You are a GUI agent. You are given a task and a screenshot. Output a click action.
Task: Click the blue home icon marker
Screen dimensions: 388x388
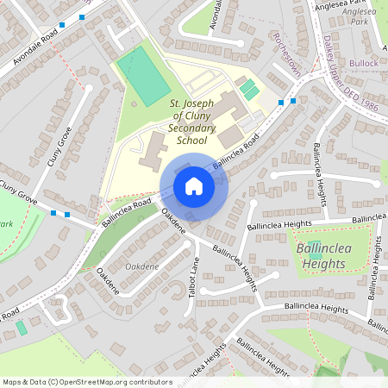coord(194,186)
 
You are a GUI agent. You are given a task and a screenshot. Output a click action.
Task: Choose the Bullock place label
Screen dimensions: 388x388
coord(364,63)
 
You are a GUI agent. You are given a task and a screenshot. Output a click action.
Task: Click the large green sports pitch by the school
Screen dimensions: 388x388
coord(144,76)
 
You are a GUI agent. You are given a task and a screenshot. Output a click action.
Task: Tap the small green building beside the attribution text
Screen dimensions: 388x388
coord(21,329)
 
